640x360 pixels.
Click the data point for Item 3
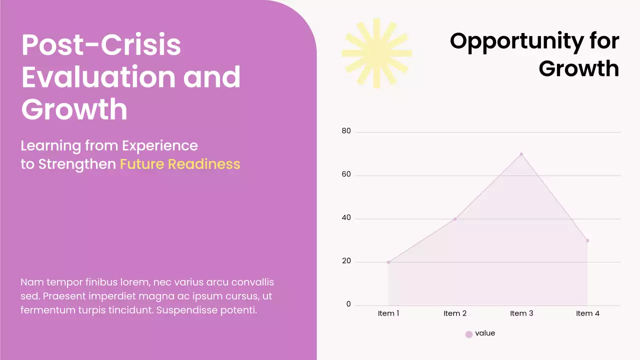521,154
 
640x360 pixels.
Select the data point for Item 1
388,262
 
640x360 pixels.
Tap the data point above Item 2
454,219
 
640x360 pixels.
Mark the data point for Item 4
587,240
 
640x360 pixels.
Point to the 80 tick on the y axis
346,131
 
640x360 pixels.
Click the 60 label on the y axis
346,175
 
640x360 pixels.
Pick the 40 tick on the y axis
346,218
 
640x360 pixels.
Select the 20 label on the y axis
346,261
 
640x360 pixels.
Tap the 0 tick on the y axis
348,304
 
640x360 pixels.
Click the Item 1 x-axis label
388,313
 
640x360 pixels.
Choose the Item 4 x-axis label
587,313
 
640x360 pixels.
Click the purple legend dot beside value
469,334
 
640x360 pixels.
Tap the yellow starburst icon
376,53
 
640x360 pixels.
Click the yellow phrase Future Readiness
180,164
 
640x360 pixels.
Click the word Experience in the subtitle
160,146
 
